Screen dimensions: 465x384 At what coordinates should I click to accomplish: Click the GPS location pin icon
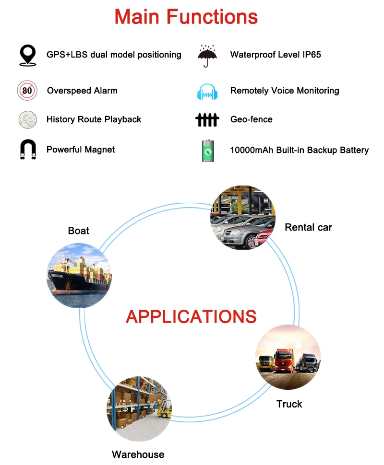[x=27, y=55]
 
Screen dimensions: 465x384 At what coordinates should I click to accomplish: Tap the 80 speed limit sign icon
[x=27, y=91]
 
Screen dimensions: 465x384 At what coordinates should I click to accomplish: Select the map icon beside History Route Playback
[x=27, y=119]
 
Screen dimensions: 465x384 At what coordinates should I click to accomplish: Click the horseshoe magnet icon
[x=27, y=150]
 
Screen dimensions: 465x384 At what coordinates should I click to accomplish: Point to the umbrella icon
[x=207, y=56]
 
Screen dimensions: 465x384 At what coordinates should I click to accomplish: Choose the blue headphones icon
[x=207, y=91]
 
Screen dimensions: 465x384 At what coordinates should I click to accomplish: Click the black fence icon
[x=207, y=119]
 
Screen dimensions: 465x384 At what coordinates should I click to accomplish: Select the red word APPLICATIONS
[x=191, y=316]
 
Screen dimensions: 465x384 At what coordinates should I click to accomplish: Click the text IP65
[x=312, y=55]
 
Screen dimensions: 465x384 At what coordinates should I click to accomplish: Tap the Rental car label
[x=308, y=227]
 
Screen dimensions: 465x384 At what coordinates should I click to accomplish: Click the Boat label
[x=79, y=231]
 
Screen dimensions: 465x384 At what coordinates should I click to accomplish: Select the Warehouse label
[x=138, y=454]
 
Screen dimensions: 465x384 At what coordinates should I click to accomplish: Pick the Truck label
[x=289, y=404]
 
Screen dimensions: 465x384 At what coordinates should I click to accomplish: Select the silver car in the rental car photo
[x=245, y=235]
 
